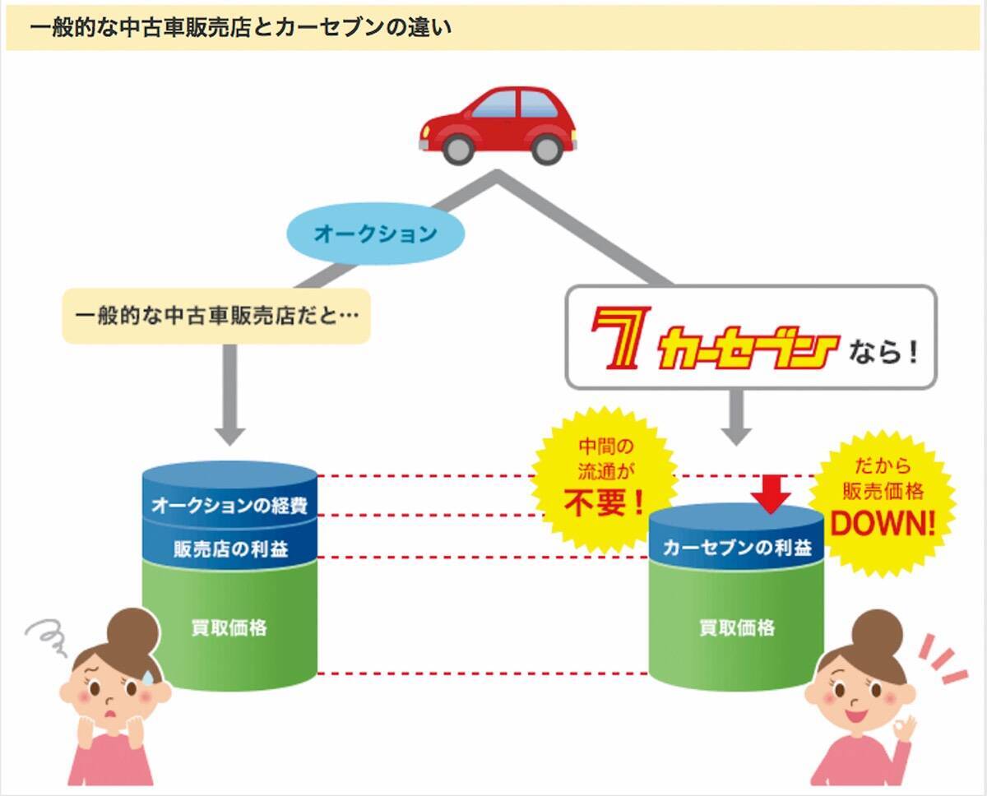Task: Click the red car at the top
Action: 498,123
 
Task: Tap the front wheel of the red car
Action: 458,149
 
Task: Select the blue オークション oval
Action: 375,234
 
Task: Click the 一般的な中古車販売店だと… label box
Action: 216,316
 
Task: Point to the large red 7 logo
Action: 619,338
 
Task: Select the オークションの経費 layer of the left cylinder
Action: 229,505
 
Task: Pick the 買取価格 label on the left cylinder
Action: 229,628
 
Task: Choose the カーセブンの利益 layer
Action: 737,548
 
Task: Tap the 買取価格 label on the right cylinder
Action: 737,628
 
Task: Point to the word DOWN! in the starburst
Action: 883,524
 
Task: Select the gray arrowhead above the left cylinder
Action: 229,433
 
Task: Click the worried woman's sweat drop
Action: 147,676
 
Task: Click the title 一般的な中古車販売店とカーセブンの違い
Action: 240,27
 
